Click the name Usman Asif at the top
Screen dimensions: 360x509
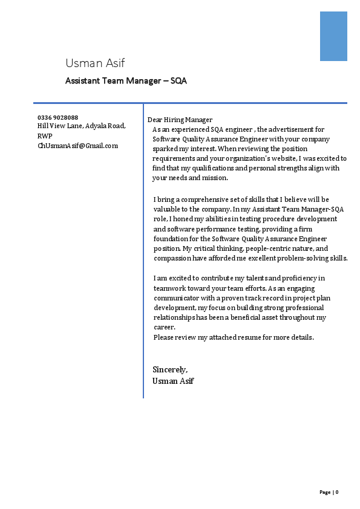(95, 63)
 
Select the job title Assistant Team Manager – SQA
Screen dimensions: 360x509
(126, 80)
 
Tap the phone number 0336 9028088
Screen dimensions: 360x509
(57, 117)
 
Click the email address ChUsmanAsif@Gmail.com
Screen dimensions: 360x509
(77, 146)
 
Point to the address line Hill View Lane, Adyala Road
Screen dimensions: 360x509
(82, 126)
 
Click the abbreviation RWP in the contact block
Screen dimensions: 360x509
(45, 136)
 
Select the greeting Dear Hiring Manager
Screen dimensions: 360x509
(180, 120)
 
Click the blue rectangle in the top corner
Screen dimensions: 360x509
(333, 36)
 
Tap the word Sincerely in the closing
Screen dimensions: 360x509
(170, 369)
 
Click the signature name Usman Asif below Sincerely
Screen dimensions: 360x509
(173, 381)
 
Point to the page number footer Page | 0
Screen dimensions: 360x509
(329, 492)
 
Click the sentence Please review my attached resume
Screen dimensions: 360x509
(234, 337)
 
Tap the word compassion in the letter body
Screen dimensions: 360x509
(172, 258)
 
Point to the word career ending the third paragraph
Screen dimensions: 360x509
(164, 328)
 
